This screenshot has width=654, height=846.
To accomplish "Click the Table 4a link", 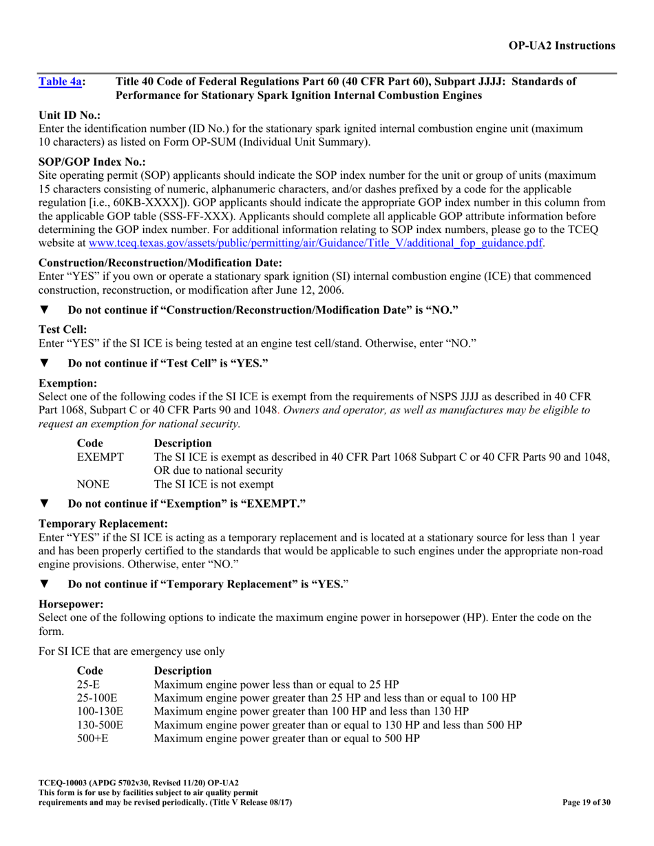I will coord(61,82).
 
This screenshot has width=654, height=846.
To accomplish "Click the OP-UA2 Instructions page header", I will coord(562,45).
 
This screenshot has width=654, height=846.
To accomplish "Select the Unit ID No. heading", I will coord(70,116).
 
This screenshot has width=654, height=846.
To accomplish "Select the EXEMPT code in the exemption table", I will coord(101,457).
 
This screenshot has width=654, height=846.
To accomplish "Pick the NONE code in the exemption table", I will coord(93,484).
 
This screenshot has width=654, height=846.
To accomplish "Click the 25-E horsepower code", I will coord(89,684).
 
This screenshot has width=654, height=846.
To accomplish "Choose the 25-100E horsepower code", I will coord(97,697).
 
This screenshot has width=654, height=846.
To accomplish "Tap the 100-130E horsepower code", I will coord(100,711).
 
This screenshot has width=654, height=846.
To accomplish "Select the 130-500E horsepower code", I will coord(100,724).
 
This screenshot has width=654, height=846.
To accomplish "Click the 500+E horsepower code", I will coord(92,738).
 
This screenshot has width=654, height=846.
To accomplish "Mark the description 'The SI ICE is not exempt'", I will coord(213,484).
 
